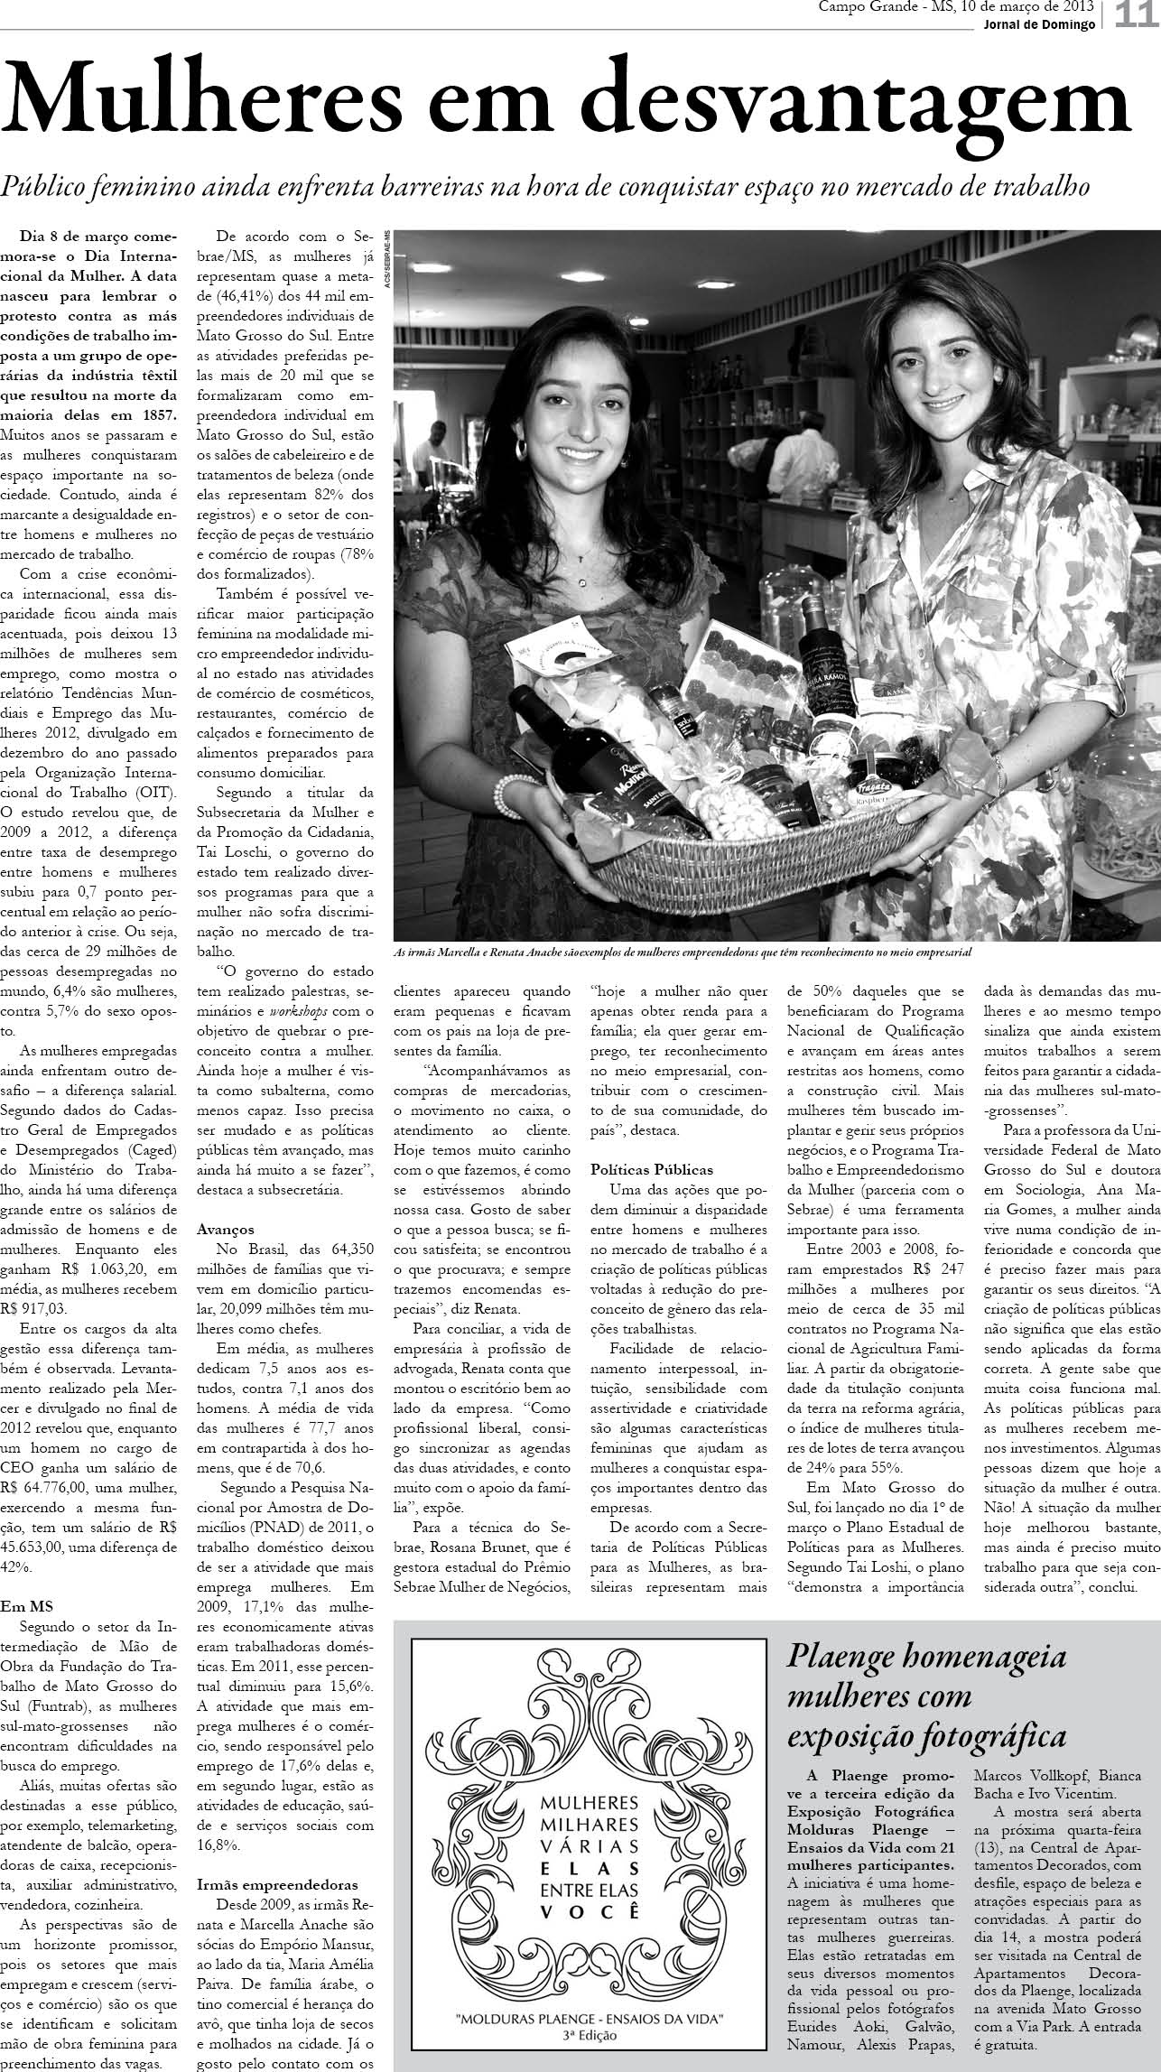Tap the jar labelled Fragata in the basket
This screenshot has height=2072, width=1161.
pyautogui.click(x=871, y=794)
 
